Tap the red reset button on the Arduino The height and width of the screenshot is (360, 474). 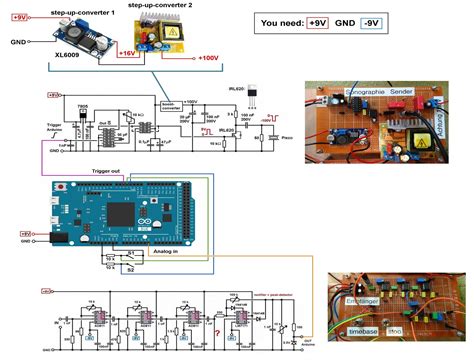(64, 187)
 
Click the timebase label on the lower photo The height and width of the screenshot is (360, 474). (363, 328)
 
